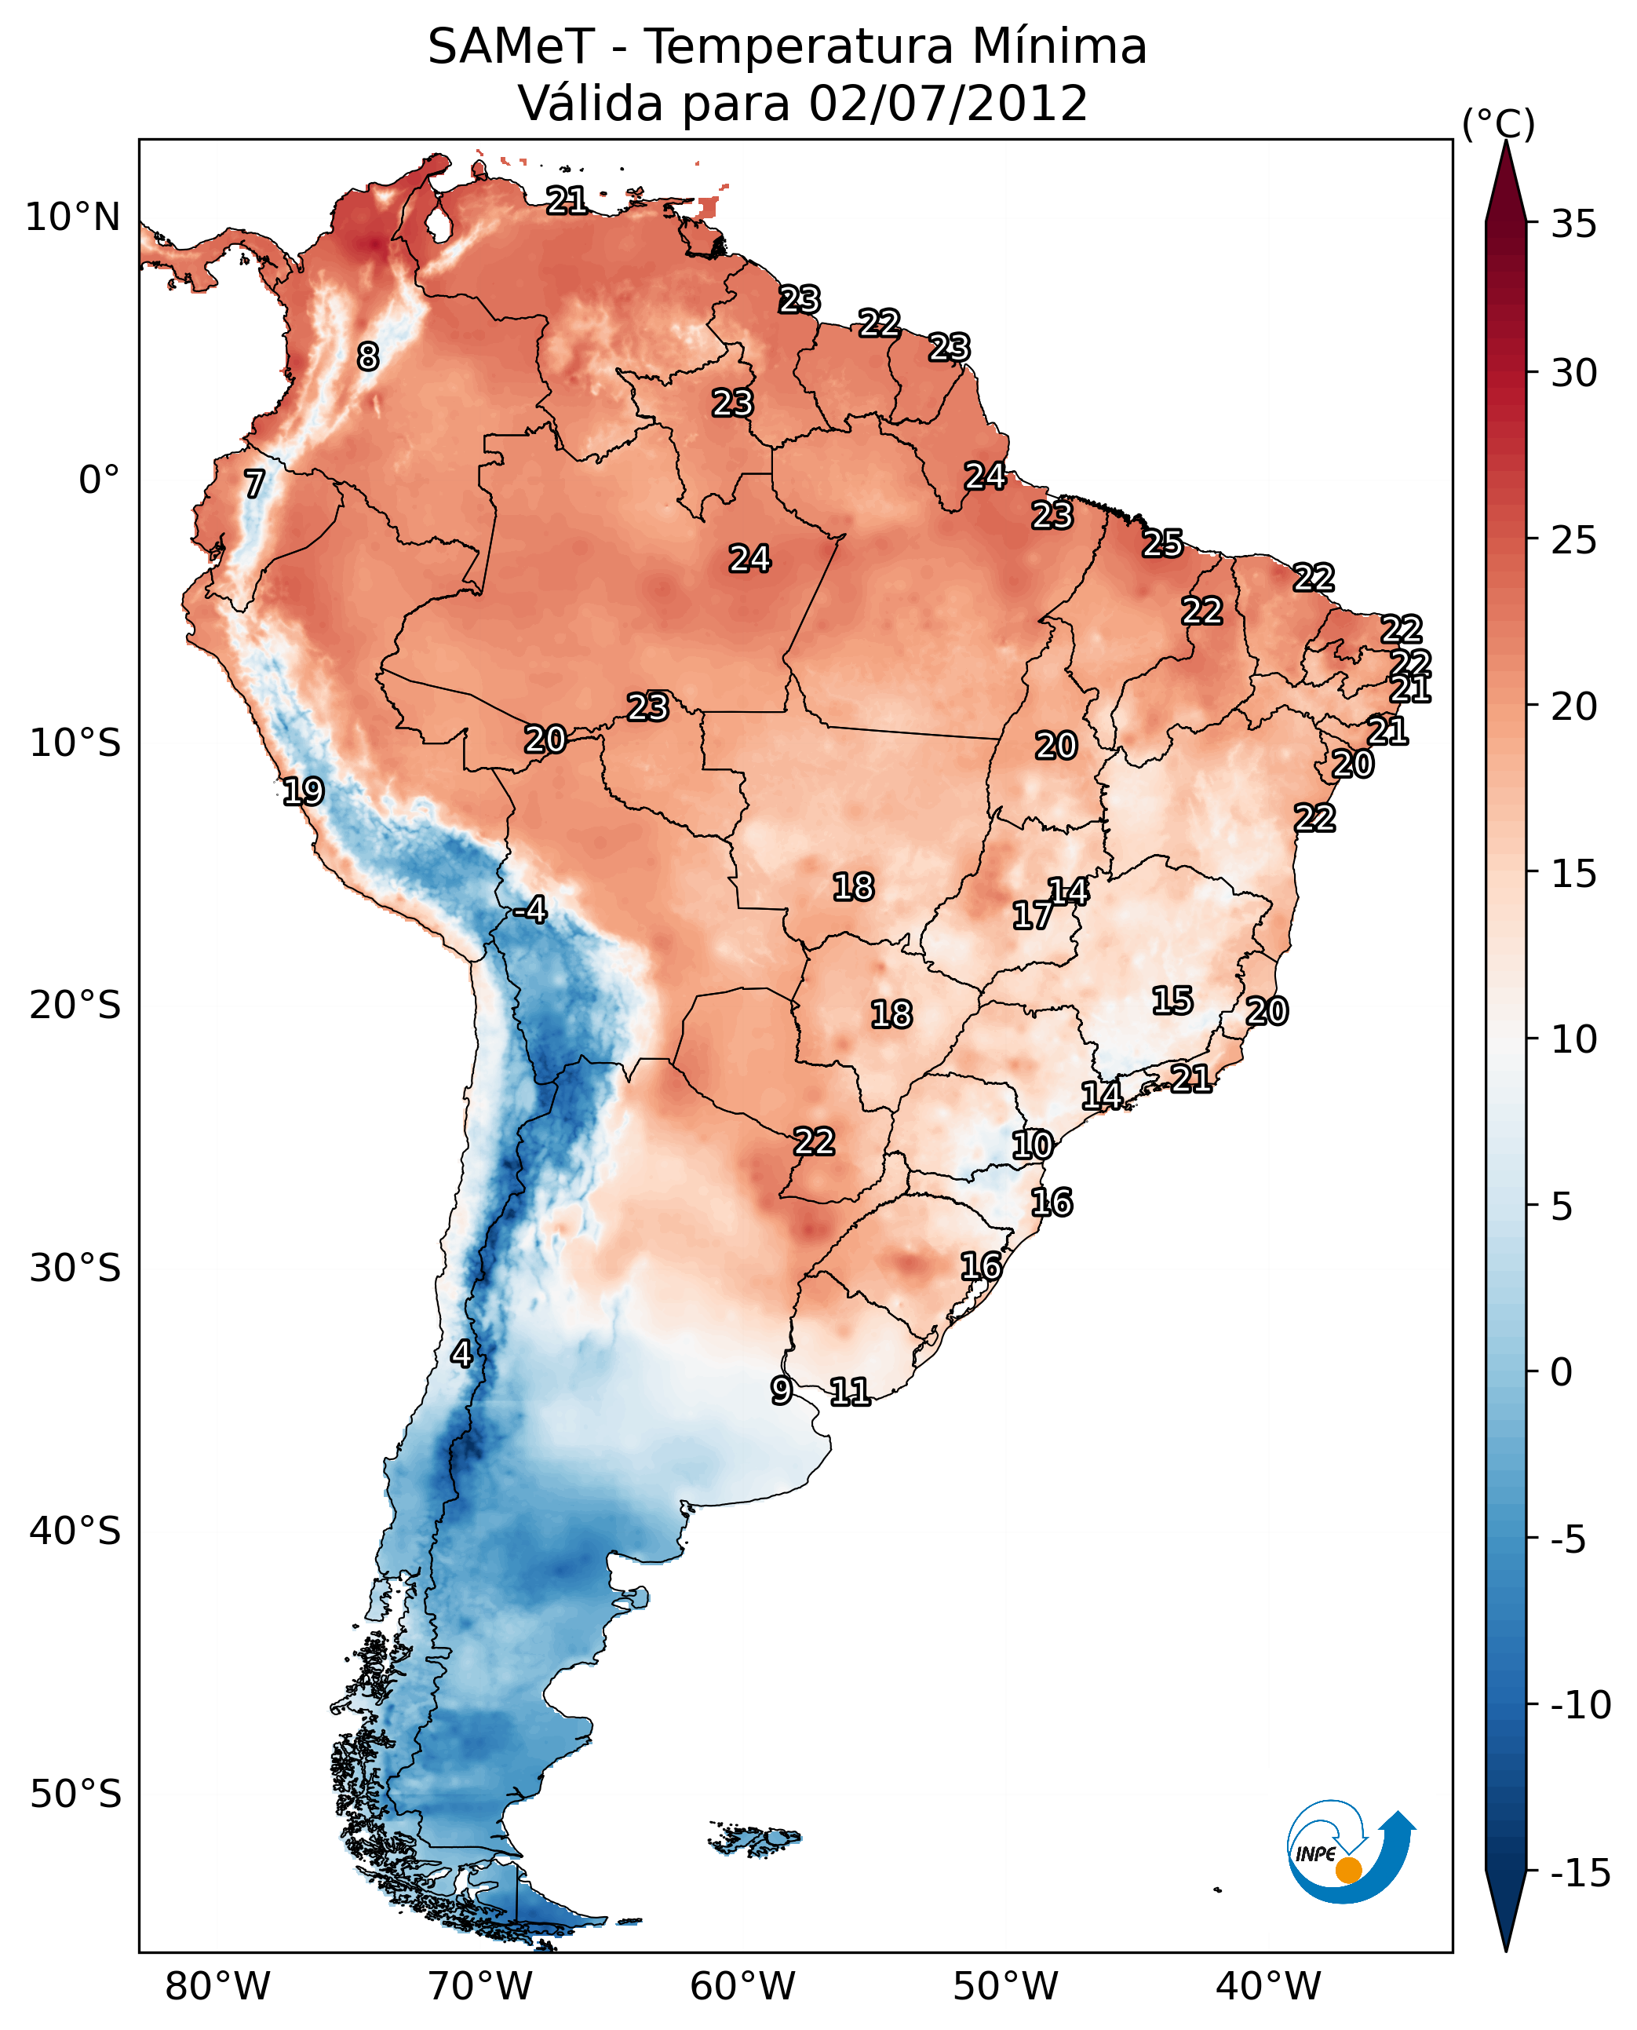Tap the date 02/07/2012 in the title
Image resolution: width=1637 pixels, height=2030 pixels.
[948, 103]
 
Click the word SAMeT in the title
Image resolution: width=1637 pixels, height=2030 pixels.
[510, 46]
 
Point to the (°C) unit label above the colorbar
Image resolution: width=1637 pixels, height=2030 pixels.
[1498, 123]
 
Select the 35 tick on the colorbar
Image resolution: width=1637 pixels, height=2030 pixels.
[1573, 225]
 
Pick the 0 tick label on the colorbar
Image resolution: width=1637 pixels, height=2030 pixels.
[1562, 1371]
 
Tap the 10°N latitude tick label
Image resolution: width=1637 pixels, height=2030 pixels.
[73, 218]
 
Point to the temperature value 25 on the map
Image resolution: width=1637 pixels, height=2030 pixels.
[1163, 543]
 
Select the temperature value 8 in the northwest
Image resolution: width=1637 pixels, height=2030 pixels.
[368, 356]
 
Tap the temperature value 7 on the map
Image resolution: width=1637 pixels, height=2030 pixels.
[254, 484]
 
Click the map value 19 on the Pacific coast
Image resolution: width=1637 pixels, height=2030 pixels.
[304, 790]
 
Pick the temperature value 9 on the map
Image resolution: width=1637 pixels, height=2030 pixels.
[781, 1390]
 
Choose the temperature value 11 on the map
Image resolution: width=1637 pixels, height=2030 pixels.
[850, 1391]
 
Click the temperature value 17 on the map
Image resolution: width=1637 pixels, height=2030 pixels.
[1033, 915]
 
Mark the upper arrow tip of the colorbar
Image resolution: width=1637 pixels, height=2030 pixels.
[1506, 144]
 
